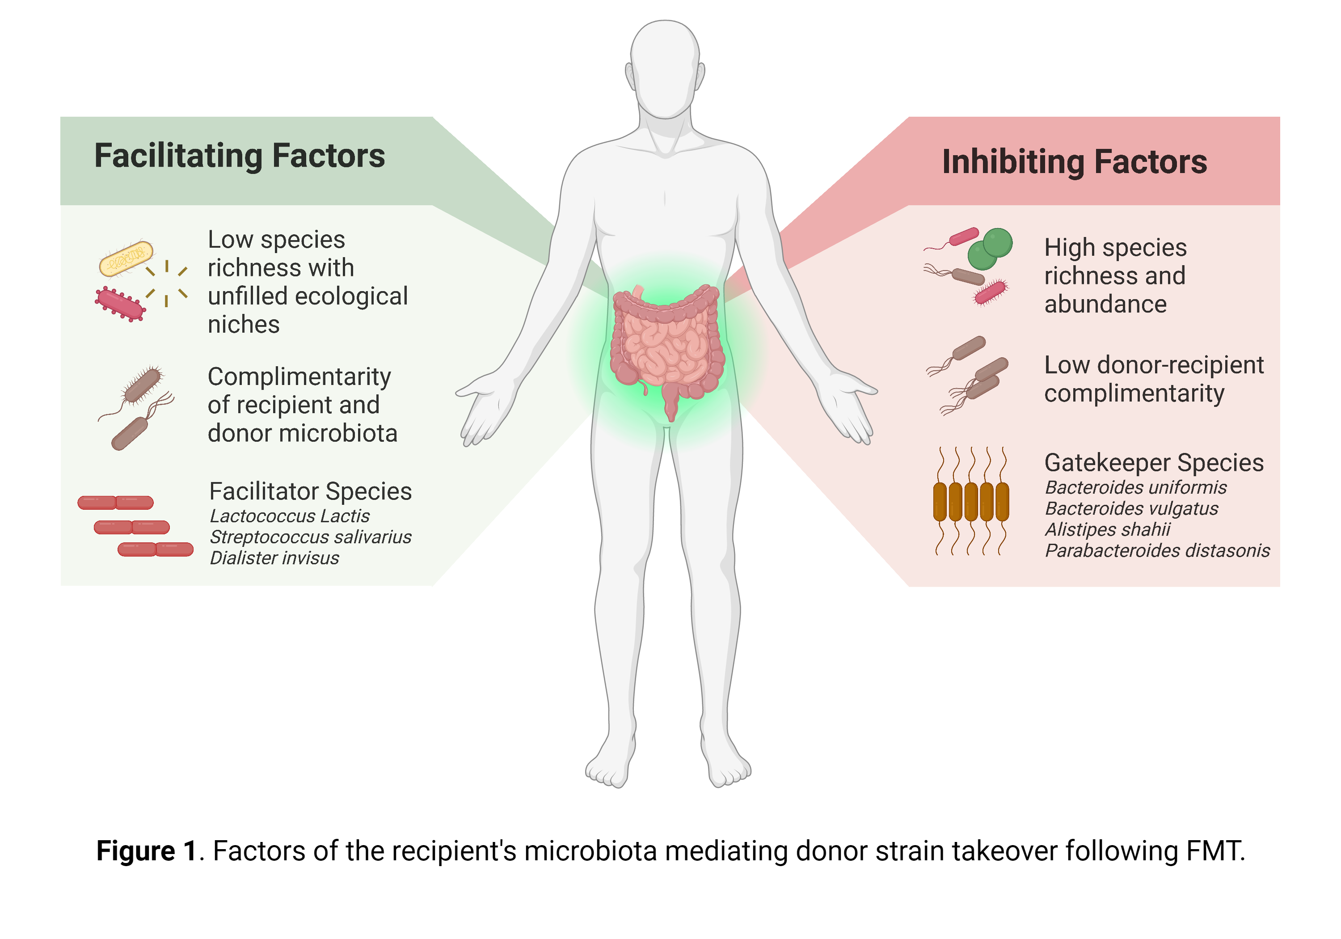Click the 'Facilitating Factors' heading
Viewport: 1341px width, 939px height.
coord(240,156)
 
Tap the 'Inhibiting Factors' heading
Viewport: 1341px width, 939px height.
coord(1074,162)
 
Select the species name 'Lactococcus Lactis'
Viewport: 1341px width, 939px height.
coord(289,516)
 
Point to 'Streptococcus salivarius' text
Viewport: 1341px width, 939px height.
coord(310,537)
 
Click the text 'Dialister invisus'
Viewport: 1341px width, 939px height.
coord(274,558)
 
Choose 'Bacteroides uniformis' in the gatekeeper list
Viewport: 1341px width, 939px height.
coord(1135,487)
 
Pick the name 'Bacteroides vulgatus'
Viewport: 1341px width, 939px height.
coord(1131,508)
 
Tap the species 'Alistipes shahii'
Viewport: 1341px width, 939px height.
coord(1107,529)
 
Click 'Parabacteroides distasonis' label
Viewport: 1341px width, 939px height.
coord(1157,550)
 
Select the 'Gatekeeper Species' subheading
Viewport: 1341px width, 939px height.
coord(1154,463)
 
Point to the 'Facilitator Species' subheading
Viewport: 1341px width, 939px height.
coord(310,491)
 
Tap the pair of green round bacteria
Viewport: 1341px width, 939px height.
coord(990,248)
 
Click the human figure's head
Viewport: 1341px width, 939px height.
coord(665,67)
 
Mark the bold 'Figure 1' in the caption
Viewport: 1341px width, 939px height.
coord(147,851)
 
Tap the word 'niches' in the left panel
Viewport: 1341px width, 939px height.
coord(244,324)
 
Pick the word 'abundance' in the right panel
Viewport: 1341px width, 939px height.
coord(1105,305)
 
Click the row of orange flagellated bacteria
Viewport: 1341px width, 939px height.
coord(971,501)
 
